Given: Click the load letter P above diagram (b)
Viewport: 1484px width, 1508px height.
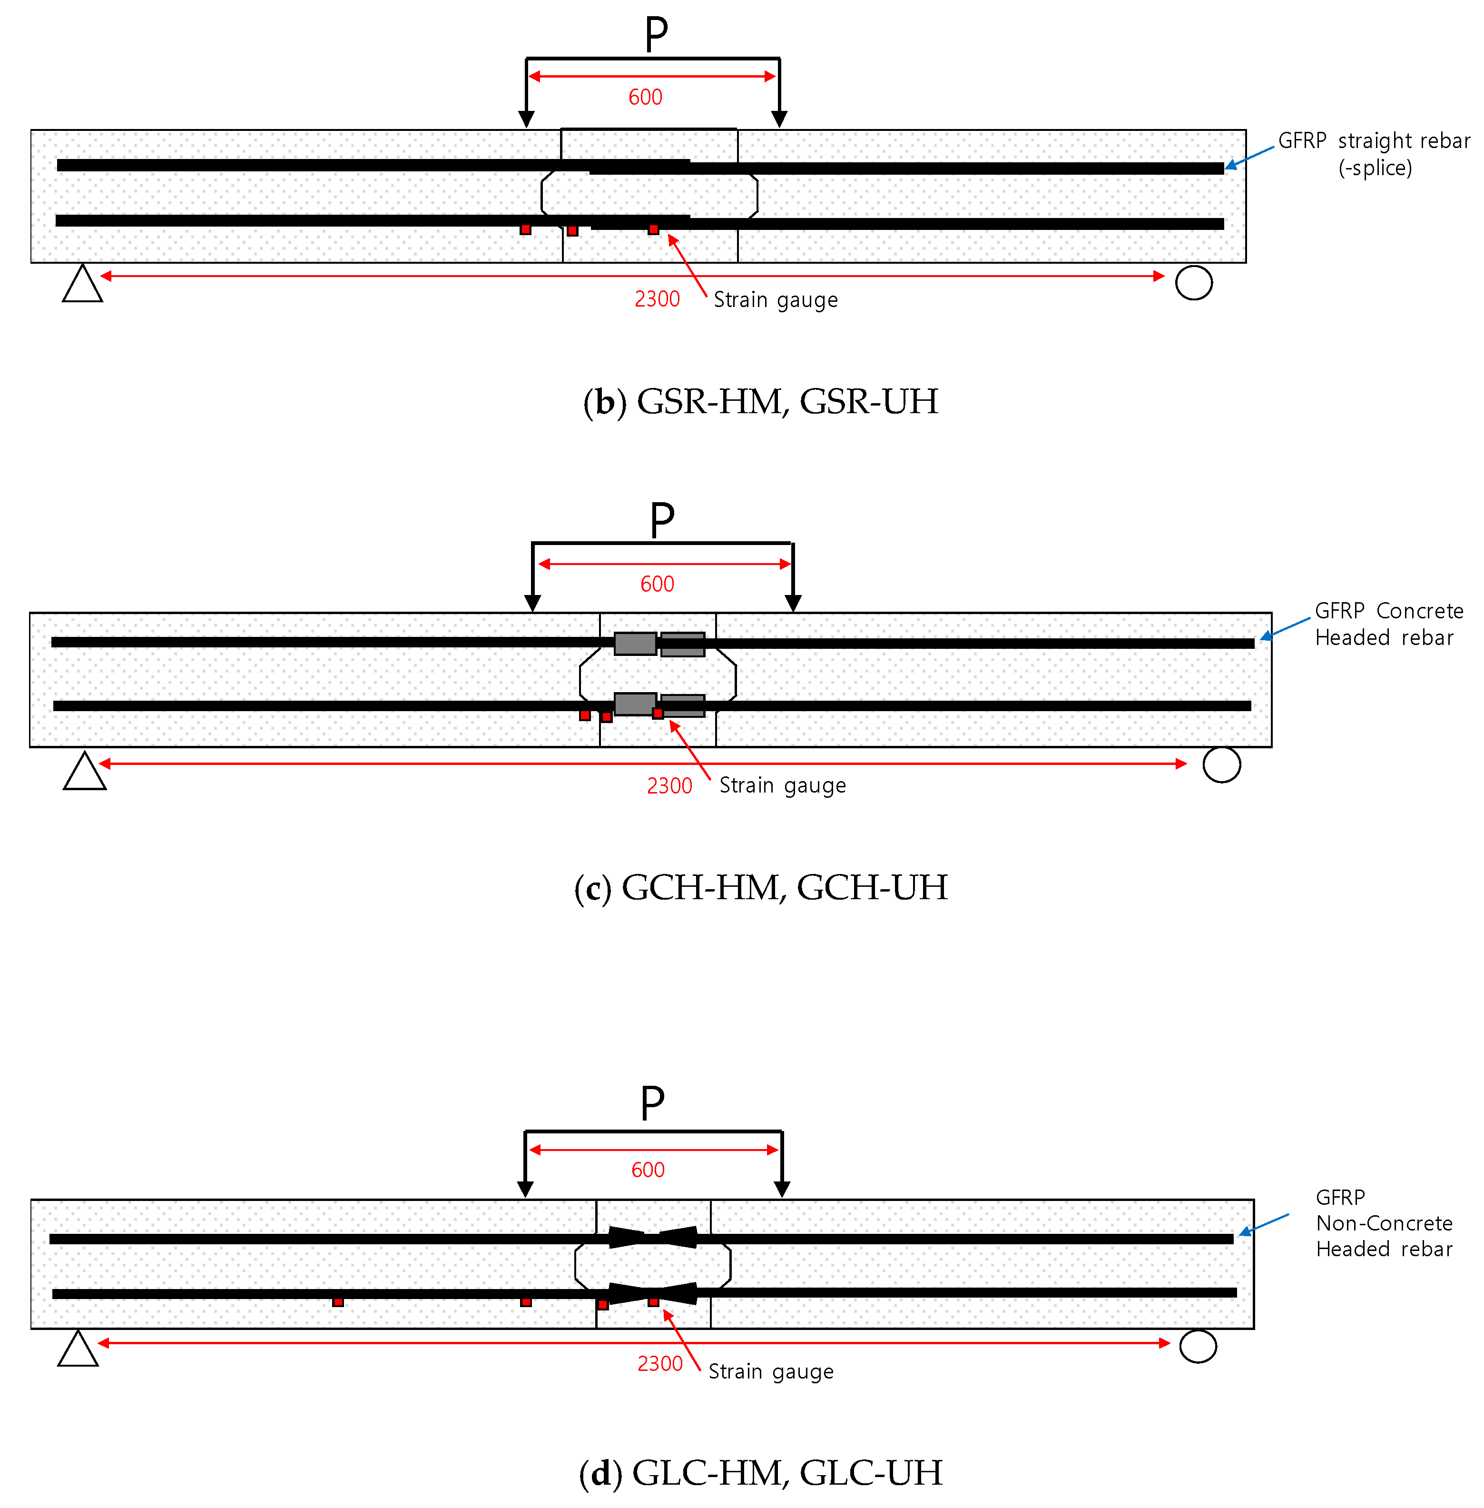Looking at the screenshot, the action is click(x=656, y=34).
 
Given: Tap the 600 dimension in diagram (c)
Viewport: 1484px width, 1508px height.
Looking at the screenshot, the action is click(x=657, y=584).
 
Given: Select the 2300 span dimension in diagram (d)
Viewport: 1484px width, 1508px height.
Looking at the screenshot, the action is click(x=659, y=1363).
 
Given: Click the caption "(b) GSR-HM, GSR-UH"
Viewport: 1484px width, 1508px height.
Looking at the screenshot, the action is click(x=760, y=402).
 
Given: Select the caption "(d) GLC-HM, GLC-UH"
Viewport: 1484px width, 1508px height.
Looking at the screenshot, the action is click(x=760, y=1473).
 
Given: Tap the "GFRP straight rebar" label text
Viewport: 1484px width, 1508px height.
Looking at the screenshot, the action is click(x=1373, y=141).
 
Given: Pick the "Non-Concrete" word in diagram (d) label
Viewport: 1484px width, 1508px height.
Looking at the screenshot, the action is click(x=1384, y=1222).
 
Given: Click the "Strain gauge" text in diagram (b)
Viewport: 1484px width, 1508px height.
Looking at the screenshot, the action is click(x=776, y=300).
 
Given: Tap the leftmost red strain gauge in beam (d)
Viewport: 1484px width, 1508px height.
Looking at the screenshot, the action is click(x=337, y=1301).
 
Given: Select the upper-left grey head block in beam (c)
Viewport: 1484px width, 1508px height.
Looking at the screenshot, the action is click(x=635, y=643).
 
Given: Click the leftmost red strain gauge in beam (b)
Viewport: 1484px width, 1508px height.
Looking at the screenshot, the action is click(x=525, y=229).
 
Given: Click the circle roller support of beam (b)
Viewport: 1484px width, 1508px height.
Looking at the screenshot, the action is click(x=1193, y=282).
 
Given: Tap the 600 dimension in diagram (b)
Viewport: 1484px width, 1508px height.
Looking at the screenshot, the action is click(x=645, y=98).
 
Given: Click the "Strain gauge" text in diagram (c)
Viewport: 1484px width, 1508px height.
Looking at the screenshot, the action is click(x=782, y=785).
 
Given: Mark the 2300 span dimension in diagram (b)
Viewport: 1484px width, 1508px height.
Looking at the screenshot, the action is click(x=657, y=299).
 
